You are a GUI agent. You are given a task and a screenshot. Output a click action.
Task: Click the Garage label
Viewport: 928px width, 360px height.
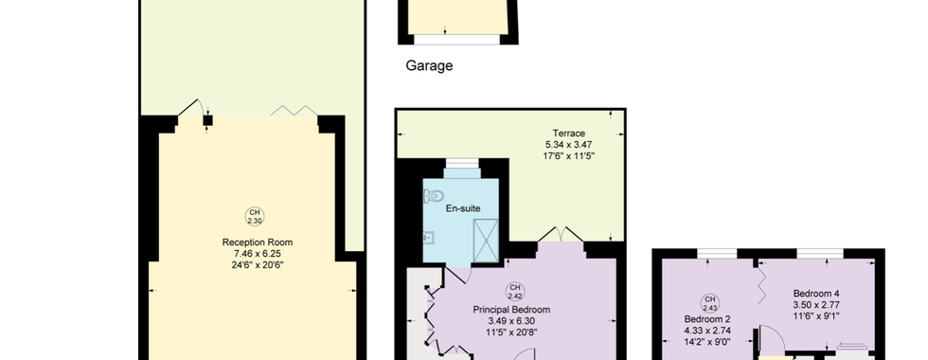coord(429,65)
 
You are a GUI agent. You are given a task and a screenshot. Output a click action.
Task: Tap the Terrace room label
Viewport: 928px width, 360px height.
coord(569,134)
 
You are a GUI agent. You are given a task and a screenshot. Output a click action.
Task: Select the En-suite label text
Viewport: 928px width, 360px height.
coord(463,208)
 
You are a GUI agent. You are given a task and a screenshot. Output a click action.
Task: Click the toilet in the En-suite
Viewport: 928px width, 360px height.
coord(432,195)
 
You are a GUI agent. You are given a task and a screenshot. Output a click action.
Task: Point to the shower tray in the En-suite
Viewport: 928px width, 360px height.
coord(486,241)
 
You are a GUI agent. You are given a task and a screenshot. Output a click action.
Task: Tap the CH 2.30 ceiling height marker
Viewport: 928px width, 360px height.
coord(255,217)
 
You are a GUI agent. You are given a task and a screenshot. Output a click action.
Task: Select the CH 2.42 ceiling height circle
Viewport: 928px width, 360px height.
coord(515,291)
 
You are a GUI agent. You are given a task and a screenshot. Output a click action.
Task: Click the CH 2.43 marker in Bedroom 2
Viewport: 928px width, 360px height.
coord(710,303)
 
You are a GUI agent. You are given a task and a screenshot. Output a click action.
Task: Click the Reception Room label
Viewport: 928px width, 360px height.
coord(258,243)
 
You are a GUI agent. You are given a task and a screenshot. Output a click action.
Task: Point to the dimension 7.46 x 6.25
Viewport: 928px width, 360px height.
coord(258,254)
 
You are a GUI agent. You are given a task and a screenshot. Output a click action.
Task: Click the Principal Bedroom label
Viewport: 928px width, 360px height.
coord(511,310)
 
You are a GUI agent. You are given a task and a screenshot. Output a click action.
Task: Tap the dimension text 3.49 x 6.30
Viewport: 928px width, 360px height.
coord(511,321)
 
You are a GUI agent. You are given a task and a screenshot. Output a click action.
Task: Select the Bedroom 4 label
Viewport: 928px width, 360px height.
coord(816,294)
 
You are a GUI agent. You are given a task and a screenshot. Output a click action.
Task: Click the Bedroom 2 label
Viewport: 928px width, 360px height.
coord(707,319)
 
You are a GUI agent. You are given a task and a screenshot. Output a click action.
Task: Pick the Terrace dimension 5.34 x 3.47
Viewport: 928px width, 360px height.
coord(569,144)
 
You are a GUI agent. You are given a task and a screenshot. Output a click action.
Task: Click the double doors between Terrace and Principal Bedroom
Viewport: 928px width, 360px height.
coord(561,235)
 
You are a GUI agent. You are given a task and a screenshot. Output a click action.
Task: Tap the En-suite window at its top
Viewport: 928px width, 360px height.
coord(462,163)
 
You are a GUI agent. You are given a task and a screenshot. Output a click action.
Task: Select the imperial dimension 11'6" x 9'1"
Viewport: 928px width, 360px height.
coord(816,316)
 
